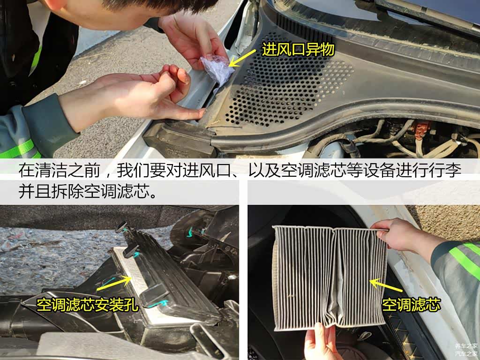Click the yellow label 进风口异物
coord(298,49)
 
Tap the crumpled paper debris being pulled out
coord(217,69)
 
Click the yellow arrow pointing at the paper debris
coord(242,58)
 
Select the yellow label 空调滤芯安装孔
coord(88,305)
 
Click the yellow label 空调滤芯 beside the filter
coord(411,305)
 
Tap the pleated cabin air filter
coord(330,278)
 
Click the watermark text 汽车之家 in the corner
coord(466,353)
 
